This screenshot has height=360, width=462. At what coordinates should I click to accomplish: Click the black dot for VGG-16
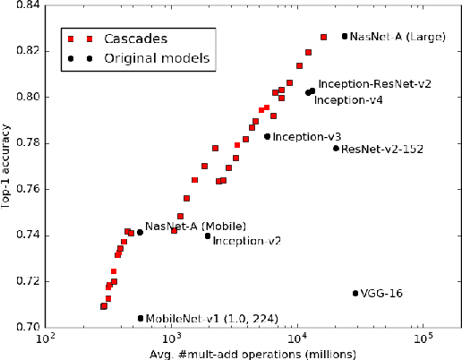coord(355,293)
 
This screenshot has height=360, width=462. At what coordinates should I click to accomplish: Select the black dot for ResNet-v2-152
coord(336,148)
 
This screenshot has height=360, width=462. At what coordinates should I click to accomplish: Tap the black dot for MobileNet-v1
coord(141,318)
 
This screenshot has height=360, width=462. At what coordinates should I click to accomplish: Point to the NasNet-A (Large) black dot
coord(345,36)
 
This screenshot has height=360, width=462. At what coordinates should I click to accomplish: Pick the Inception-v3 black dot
coord(267,136)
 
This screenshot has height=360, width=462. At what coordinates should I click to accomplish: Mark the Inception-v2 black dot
coord(208,236)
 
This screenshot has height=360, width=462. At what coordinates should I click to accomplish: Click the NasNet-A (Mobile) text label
coord(183,226)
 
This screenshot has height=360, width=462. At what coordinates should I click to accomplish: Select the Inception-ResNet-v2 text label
coord(375,83)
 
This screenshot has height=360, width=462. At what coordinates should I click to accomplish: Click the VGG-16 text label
coord(381,294)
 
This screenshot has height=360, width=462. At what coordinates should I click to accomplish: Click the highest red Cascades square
coord(323,37)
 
